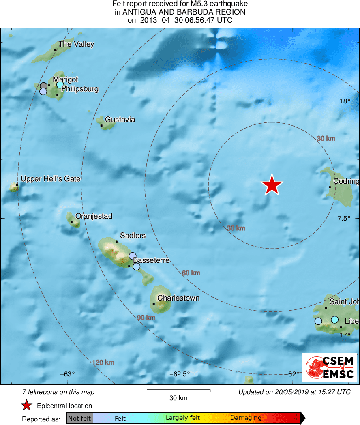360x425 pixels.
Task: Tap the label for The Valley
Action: click(76, 44)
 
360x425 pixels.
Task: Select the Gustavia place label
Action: click(120, 120)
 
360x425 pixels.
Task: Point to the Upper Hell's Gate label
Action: click(51, 179)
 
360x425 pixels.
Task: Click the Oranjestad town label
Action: click(94, 217)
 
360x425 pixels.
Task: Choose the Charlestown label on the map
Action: click(178, 298)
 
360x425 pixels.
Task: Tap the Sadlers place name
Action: click(133, 236)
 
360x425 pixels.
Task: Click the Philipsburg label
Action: click(80, 89)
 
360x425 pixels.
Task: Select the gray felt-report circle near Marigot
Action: click(44, 86)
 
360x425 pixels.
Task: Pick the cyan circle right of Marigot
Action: click(60, 85)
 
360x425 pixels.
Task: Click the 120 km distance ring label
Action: click(103, 363)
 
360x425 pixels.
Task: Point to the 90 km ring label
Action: click(146, 318)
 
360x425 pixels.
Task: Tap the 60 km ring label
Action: click(191, 273)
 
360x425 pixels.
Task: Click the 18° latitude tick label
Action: click(345, 101)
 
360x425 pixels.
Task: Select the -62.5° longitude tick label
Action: click(179, 374)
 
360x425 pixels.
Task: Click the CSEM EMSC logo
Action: click(329, 367)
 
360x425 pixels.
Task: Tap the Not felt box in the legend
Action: click(79, 418)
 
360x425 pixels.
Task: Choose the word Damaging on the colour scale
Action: click(246, 418)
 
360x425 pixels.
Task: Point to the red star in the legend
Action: click(27, 405)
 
